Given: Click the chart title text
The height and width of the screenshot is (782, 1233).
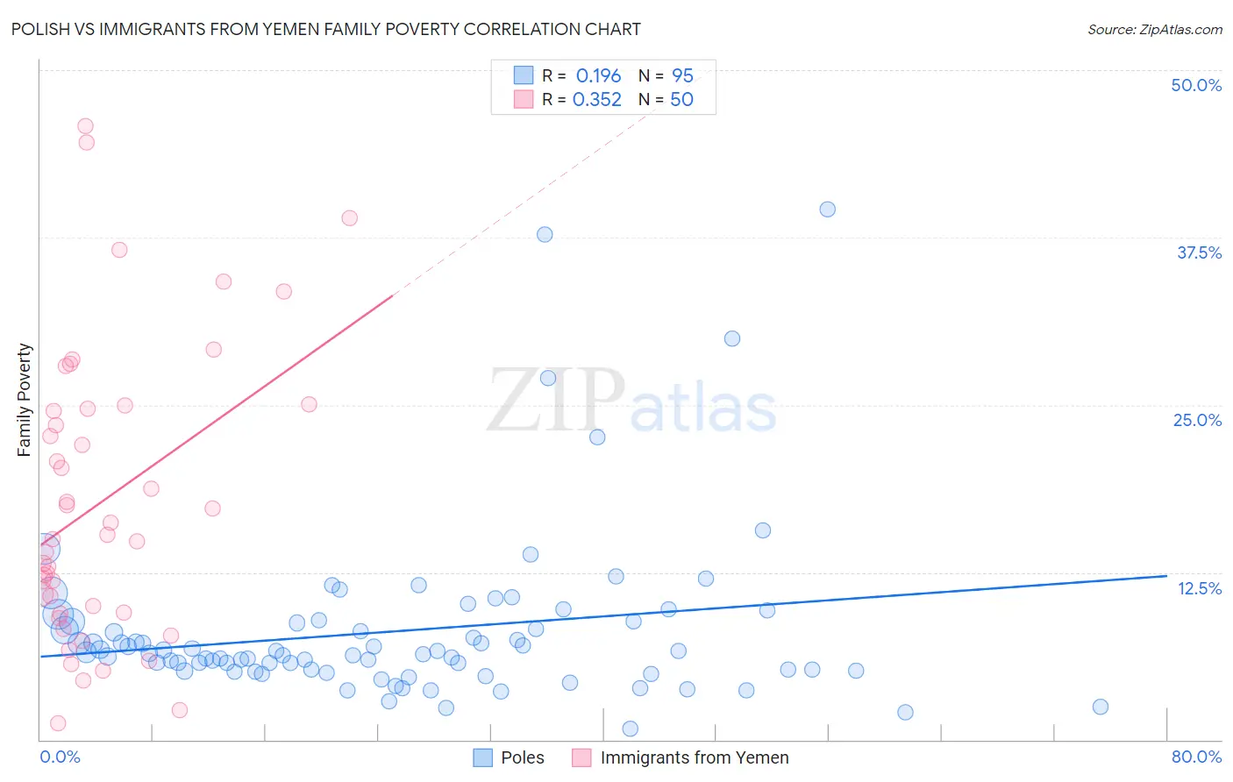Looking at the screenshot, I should point(325,30).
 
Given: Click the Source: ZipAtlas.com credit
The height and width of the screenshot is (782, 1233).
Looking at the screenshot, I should point(1154,30).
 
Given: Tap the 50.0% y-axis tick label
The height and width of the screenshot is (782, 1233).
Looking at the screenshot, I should point(1196,85).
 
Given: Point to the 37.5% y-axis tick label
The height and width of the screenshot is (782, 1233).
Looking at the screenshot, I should point(1199,252).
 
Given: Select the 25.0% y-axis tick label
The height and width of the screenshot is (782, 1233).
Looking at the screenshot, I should point(1197,420).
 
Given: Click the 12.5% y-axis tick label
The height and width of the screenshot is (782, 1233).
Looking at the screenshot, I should point(1199,588).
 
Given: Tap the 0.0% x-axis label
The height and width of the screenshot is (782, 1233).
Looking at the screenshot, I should point(60,757).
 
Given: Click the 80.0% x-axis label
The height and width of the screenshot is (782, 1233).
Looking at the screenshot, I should point(1196,757).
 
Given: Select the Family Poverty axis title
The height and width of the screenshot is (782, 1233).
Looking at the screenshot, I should point(25,400).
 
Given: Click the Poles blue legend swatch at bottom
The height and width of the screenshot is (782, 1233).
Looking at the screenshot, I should point(482,757).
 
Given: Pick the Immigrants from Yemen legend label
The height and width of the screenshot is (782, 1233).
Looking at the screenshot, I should point(694,757).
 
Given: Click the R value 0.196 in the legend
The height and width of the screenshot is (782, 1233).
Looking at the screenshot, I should point(598,76).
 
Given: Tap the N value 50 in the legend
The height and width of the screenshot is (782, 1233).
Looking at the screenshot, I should point(681,100).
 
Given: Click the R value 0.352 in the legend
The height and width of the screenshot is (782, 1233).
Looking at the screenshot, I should point(596,100).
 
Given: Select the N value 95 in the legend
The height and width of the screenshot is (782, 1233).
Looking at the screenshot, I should point(682,76).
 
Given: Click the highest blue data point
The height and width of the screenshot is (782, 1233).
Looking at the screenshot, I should point(827,210).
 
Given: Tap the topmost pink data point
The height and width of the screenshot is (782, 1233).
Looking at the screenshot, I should point(85,126).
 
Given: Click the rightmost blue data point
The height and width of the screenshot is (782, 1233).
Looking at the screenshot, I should point(1100,707).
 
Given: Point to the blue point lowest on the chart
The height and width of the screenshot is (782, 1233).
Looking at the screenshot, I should point(630,729).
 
